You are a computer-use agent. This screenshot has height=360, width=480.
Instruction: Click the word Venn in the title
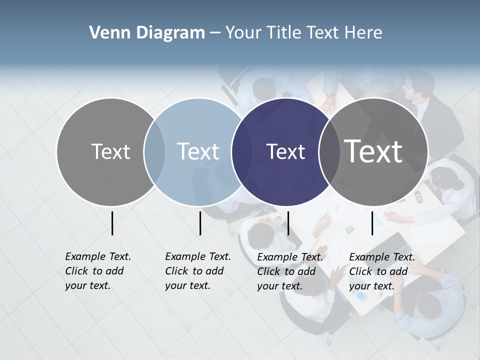[x=106, y=33]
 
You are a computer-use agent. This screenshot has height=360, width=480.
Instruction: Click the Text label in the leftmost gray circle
[x=110, y=151]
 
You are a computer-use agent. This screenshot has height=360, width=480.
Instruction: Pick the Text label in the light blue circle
[x=198, y=151]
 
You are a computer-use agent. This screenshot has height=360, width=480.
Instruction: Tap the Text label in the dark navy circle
[x=285, y=151]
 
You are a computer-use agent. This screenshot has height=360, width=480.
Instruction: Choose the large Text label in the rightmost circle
[x=373, y=151]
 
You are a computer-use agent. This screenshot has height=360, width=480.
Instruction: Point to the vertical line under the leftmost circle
[x=112, y=223]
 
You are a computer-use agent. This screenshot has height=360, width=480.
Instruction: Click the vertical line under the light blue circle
[x=200, y=223]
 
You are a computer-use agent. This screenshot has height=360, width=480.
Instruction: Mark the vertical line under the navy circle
[x=288, y=223]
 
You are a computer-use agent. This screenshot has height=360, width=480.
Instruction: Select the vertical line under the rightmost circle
[x=372, y=223]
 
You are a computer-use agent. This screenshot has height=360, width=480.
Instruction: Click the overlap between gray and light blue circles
[x=154, y=152]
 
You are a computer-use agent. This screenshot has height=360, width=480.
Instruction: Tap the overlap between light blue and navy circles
[x=242, y=152]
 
